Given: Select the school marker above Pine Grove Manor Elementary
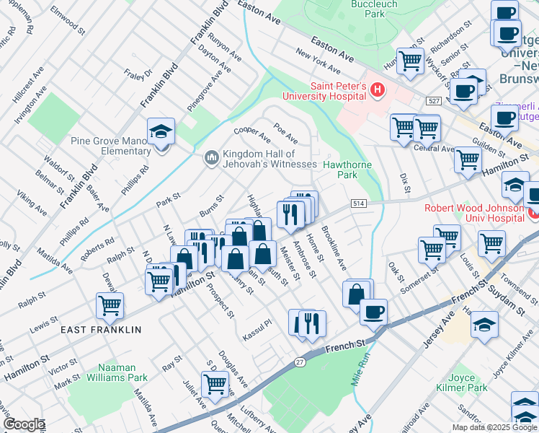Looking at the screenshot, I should tap(161, 131).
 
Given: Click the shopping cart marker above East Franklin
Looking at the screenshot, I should tap(110, 305).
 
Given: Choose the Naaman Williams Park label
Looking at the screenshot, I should tap(117, 372).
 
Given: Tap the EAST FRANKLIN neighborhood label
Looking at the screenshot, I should tap(101, 330).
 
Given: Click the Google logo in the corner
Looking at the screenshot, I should tap(23, 424).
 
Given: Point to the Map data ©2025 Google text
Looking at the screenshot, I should tap(494, 427).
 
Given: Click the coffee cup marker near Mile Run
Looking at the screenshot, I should tap(373, 312).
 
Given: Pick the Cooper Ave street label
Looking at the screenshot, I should tap(251, 134).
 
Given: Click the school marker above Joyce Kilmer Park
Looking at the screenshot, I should tap(484, 325).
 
